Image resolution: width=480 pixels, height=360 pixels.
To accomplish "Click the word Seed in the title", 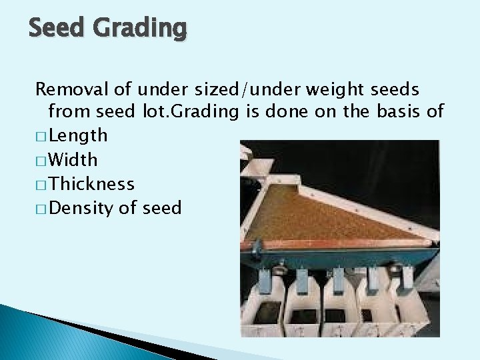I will [56, 28].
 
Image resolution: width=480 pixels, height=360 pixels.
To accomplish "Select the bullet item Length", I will [77, 136].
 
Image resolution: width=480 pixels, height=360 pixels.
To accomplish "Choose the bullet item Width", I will [73, 160].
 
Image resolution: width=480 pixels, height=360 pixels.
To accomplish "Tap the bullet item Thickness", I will [91, 184].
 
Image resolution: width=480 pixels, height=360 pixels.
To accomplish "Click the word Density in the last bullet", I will [77, 208].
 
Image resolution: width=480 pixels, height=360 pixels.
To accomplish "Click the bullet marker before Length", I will [41, 137].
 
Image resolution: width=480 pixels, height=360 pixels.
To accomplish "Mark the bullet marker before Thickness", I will [41, 185].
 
